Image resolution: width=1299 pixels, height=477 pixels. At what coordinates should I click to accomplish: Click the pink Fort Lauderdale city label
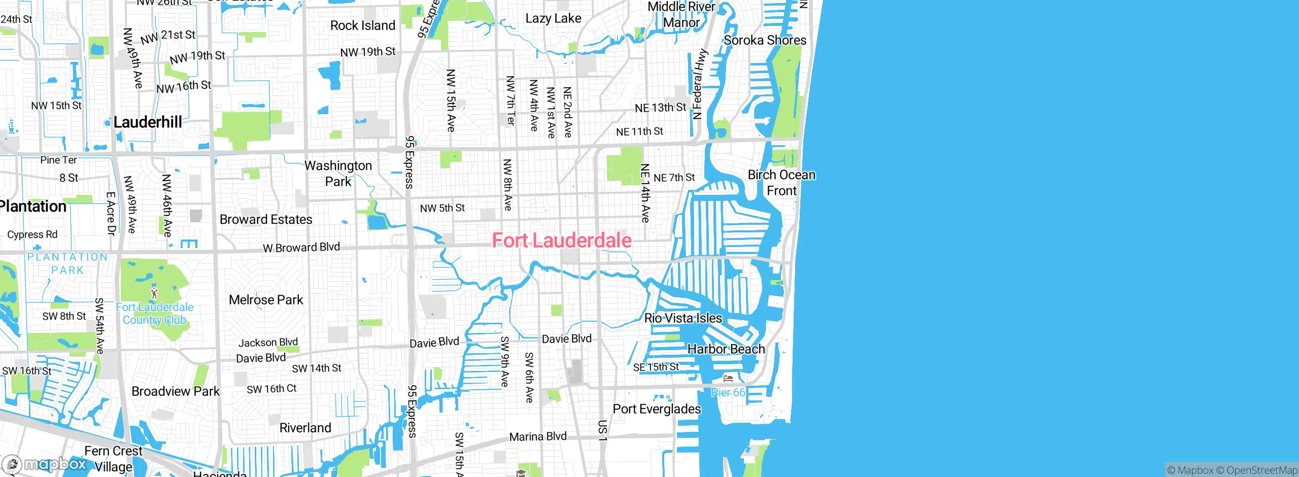pos(562,241)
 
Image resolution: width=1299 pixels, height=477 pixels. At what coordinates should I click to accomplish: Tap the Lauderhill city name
pos(148,122)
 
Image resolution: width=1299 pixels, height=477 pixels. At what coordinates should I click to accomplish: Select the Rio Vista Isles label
pos(683,318)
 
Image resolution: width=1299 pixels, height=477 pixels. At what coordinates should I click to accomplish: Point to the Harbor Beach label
pos(726,349)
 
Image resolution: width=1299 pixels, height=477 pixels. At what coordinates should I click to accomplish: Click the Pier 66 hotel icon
pos(728,378)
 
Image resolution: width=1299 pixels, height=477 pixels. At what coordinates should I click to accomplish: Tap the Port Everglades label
pos(657,409)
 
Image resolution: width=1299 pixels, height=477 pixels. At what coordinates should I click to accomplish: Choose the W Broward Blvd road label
pos(301,248)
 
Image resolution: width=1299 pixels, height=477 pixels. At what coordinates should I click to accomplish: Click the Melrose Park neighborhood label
pos(266,300)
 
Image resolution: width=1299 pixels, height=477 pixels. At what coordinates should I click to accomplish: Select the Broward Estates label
pos(266,220)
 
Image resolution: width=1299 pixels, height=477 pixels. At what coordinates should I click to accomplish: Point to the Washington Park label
pos(338,174)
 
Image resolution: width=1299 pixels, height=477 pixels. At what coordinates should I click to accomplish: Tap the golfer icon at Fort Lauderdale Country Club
pos(154,293)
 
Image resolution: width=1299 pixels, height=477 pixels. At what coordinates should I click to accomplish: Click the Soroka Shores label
pos(765,40)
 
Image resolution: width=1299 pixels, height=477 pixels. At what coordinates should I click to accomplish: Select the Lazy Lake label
pos(553,19)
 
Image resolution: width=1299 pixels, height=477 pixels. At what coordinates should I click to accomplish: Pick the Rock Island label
pos(362,25)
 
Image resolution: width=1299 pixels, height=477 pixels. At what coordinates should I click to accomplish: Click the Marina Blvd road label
pos(538,436)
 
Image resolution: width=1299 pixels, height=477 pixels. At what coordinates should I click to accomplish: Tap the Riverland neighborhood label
pos(305,428)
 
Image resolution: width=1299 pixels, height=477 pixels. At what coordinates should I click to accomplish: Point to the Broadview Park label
pos(176,391)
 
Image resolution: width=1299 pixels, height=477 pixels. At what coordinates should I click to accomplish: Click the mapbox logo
pos(45,464)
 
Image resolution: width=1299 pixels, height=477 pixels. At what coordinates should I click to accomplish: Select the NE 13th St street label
pos(660,108)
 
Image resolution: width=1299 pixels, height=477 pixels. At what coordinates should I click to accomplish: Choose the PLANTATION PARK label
pos(67,263)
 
